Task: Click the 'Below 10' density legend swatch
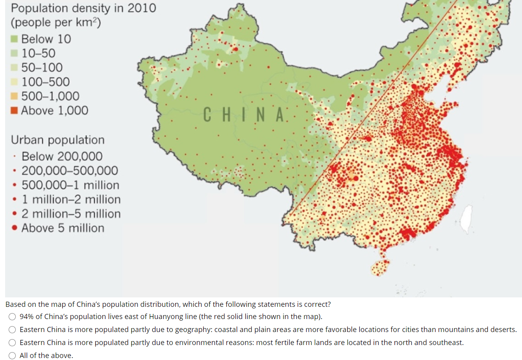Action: (14, 39)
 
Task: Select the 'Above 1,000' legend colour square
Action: (14, 110)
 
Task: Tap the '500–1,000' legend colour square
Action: (14, 96)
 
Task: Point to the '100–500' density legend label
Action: (45, 82)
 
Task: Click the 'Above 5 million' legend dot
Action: (15, 228)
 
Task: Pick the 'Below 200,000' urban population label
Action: (62, 156)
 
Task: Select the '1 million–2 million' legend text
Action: (71, 199)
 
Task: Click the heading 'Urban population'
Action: (57, 140)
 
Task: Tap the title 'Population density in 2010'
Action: (83, 8)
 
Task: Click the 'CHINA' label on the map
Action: (244, 115)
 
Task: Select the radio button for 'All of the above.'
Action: (13, 356)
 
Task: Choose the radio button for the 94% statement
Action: (13, 317)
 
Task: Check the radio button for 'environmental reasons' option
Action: (13, 343)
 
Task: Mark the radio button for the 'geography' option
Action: (13, 330)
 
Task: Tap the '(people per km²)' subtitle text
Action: (56, 22)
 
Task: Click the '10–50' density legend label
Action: (38, 53)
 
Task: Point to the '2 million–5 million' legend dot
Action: (15, 214)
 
